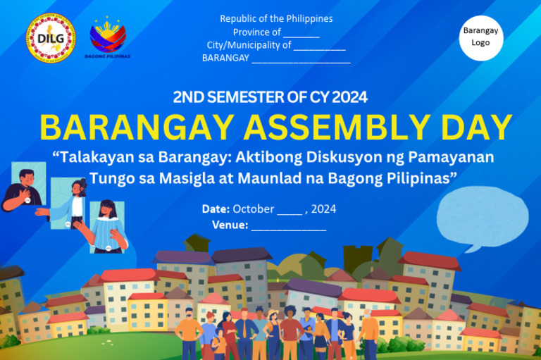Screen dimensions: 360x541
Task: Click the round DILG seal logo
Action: [51, 38]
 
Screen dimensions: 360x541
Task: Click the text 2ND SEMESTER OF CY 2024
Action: [270, 97]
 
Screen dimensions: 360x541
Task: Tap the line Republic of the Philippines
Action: [276, 18]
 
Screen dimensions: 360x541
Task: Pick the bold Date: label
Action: [216, 209]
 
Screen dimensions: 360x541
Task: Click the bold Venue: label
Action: [230, 225]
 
